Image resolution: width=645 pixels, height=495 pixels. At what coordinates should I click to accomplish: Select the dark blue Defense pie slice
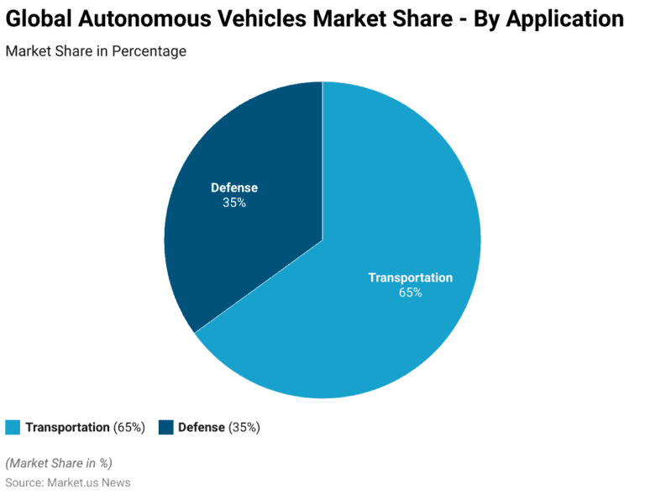coord(252,252)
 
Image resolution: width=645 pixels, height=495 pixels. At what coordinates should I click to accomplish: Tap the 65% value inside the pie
coord(411,293)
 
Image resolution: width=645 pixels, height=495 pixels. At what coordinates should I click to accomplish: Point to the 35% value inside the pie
coord(234,203)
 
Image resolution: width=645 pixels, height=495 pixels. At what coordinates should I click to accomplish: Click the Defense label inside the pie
coord(234,187)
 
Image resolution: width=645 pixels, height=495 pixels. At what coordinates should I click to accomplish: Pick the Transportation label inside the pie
coord(411,278)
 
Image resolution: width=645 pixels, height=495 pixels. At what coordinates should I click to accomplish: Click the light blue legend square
coord(13,427)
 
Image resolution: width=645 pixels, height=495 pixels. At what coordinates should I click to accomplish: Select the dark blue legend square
coord(165,427)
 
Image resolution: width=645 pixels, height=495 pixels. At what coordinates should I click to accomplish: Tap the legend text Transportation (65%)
coord(85,427)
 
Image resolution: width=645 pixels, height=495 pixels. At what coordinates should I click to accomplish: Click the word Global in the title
coord(38,19)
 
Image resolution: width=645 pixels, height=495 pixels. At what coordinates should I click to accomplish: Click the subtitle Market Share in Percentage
coord(96,51)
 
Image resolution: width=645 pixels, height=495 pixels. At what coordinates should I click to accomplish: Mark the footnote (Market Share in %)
coord(59,463)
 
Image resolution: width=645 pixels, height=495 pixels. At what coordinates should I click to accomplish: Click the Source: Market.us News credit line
coord(68,482)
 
